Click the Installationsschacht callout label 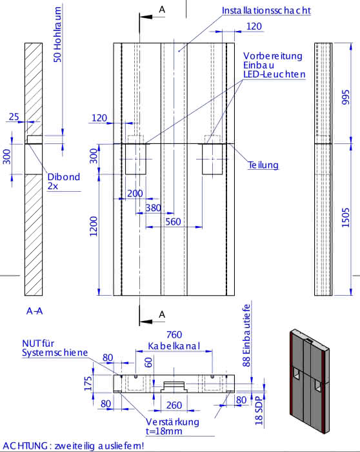(266, 10)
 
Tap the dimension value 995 (345, 97)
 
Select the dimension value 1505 (345, 218)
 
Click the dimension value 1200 (94, 227)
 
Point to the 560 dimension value (173, 221)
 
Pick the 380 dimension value (153, 208)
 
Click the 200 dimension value (135, 194)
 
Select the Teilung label (263, 165)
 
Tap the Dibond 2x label (64, 181)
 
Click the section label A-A (35, 311)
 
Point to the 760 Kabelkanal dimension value (174, 340)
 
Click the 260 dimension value (174, 406)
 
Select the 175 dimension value (88, 384)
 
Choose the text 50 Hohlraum (57, 35)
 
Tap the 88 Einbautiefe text (246, 336)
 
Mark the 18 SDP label (259, 411)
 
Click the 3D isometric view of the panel (309, 381)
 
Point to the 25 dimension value (14, 117)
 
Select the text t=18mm (164, 431)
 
